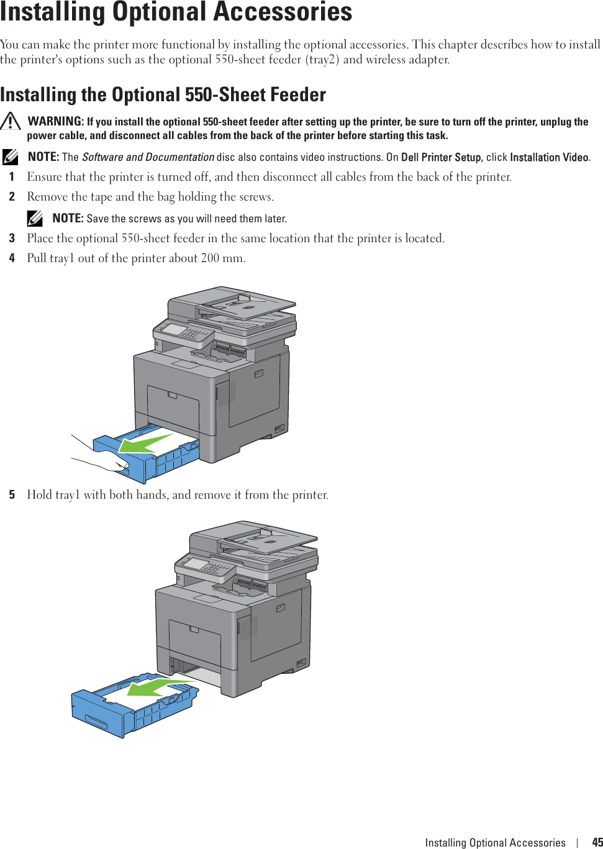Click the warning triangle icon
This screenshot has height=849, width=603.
pyautogui.click(x=11, y=121)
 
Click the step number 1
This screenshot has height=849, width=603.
pyautogui.click(x=12, y=177)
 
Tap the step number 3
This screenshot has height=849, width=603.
pyautogui.click(x=12, y=238)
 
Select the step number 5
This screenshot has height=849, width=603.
pyautogui.click(x=12, y=495)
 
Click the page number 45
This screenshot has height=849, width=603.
pyautogui.click(x=597, y=842)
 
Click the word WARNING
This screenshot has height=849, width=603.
pyautogui.click(x=55, y=121)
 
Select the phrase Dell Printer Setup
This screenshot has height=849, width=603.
pyautogui.click(x=441, y=157)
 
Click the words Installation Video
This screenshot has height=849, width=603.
pyautogui.click(x=549, y=157)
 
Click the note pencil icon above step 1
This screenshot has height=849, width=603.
pyautogui.click(x=11, y=157)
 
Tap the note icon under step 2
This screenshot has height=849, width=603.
pyautogui.click(x=35, y=218)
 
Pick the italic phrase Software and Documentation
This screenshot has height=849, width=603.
pyautogui.click(x=148, y=157)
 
